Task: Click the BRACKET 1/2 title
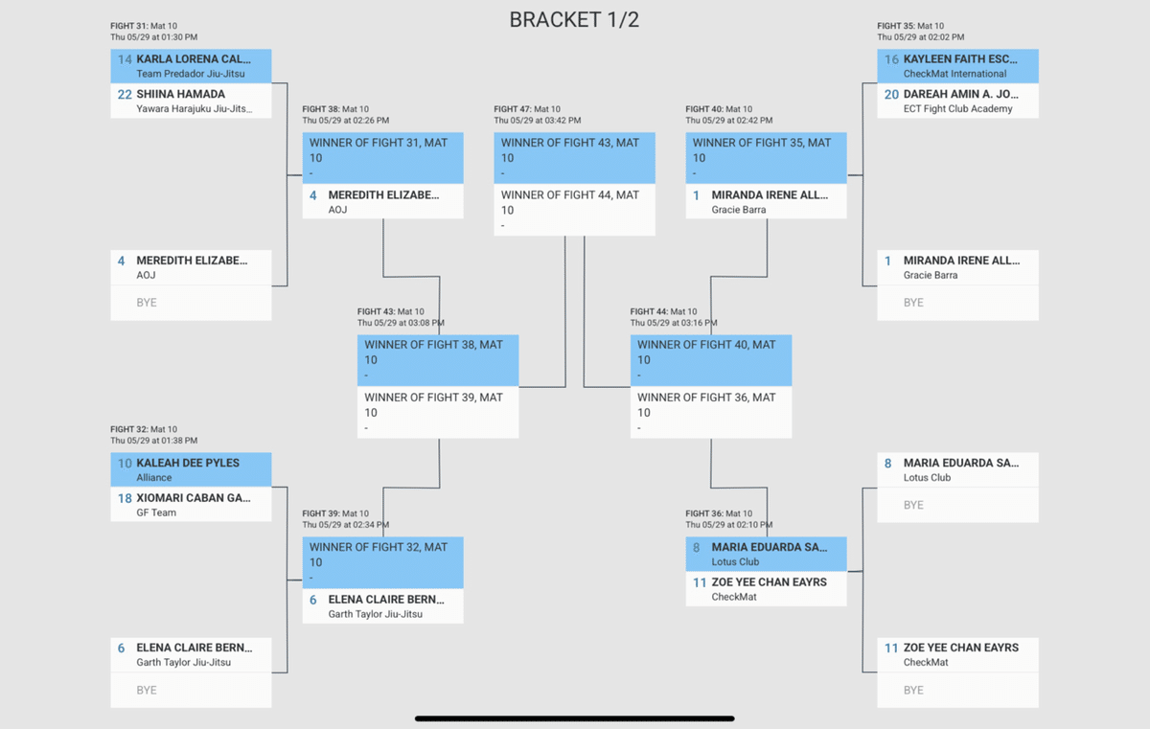click(x=574, y=20)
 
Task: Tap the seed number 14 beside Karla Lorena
click(x=125, y=59)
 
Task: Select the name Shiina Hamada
click(x=180, y=94)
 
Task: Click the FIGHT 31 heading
click(x=129, y=26)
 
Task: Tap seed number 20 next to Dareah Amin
click(x=891, y=94)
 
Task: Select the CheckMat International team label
click(x=954, y=74)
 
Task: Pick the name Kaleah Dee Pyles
click(x=188, y=463)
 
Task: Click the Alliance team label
click(x=154, y=477)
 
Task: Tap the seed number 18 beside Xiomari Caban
click(x=125, y=498)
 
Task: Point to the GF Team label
click(x=157, y=513)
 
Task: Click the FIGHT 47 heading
click(x=513, y=109)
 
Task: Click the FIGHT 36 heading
click(x=704, y=513)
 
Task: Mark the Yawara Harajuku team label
click(x=195, y=109)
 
